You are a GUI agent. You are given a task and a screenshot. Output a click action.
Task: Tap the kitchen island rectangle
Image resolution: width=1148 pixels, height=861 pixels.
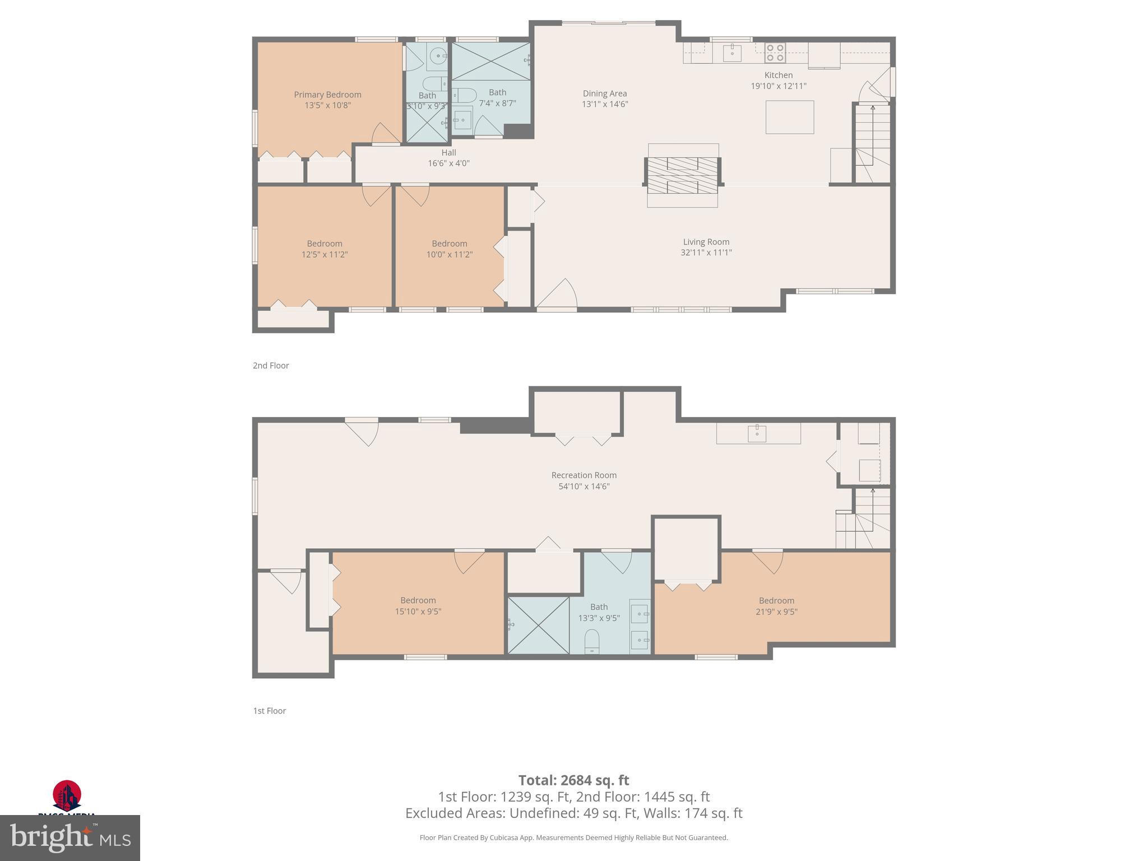point(789,117)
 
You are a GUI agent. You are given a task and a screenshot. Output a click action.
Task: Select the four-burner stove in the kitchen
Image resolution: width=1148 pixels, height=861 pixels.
point(775,53)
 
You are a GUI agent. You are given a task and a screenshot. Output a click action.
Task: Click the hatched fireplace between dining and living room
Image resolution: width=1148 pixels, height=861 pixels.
point(682,175)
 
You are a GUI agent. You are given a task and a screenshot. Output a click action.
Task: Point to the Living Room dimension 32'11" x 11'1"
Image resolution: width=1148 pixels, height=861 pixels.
point(706,253)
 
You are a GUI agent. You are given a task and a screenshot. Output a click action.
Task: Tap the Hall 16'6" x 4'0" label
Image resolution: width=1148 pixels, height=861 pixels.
point(448,158)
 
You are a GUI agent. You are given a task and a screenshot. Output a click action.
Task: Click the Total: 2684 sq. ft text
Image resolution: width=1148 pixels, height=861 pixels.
point(573,780)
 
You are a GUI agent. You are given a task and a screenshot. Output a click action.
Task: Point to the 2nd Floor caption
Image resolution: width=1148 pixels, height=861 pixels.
point(271,365)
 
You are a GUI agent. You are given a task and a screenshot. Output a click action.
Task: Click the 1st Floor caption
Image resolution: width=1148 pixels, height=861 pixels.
point(270,711)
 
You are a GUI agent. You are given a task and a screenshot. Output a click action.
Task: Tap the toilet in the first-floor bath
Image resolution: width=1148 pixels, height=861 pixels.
point(591,641)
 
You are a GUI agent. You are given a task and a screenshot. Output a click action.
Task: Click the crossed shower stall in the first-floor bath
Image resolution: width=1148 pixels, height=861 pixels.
point(538,625)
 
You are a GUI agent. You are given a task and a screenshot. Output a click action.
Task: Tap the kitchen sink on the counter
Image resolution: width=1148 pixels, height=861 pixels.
point(732,53)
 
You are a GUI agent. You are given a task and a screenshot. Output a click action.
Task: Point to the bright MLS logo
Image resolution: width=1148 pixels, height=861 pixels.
point(70,837)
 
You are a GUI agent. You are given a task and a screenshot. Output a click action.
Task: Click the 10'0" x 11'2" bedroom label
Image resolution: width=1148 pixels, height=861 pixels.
point(449,249)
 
